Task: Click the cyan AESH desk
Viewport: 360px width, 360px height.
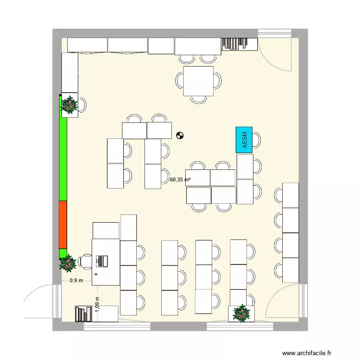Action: pyautogui.click(x=244, y=140)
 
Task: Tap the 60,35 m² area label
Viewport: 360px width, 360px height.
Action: pyautogui.click(x=180, y=180)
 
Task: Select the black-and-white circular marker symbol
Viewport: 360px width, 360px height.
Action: pyautogui.click(x=180, y=136)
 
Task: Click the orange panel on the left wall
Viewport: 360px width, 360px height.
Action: pyautogui.click(x=63, y=225)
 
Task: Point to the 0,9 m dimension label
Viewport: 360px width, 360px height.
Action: pyautogui.click(x=76, y=281)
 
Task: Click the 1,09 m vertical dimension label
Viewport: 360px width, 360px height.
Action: pyautogui.click(x=97, y=303)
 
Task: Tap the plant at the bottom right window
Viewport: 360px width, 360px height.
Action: pyautogui.click(x=241, y=313)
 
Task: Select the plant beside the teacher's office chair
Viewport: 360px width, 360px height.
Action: pyautogui.click(x=68, y=263)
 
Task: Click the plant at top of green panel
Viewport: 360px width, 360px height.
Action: pyautogui.click(x=70, y=105)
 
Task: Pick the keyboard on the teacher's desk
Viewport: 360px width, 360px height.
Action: pyautogui.click(x=101, y=261)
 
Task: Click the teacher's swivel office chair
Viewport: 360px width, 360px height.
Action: pyautogui.click(x=86, y=261)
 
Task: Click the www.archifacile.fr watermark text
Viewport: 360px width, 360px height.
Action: pyautogui.click(x=307, y=353)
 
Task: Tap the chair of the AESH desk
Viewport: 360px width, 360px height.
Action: pyautogui.click(x=257, y=140)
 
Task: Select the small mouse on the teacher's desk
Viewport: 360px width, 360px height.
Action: pyautogui.click(x=96, y=274)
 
